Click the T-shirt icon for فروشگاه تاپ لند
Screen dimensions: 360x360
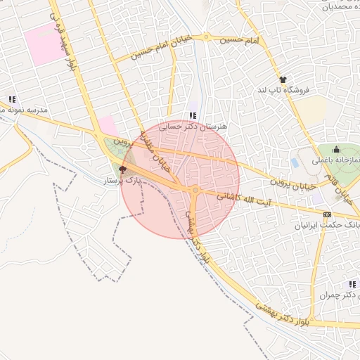[283, 80]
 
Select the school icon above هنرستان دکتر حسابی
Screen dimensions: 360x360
[193, 115]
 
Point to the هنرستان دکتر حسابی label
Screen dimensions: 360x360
[193, 127]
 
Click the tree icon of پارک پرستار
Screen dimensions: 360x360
[122, 169]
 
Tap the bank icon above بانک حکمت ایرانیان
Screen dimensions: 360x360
[327, 214]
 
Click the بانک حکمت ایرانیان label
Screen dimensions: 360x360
[331, 226]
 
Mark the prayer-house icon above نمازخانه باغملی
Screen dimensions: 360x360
[335, 149]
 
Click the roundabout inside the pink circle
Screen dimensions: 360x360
[195, 190]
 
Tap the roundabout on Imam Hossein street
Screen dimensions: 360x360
[207, 37]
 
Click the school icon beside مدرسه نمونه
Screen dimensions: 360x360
[11, 99]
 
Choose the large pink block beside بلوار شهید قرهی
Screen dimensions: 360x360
[43, 43]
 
